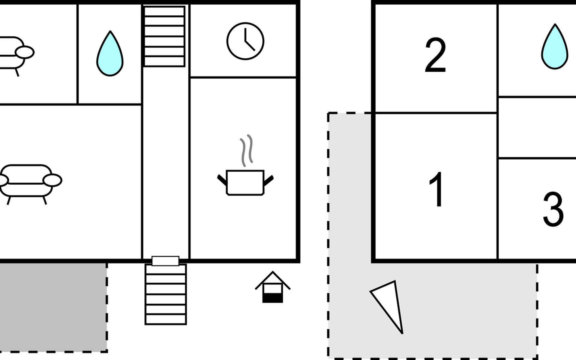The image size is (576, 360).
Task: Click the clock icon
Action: pyautogui.click(x=245, y=41)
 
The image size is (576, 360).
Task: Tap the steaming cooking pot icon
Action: pyautogui.click(x=245, y=182)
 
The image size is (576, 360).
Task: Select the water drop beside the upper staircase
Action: pyautogui.click(x=110, y=54)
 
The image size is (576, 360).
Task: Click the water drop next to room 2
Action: pyautogui.click(x=555, y=47)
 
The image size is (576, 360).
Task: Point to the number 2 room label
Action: pyautogui.click(x=435, y=55)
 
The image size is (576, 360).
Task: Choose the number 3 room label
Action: pyautogui.click(x=553, y=209)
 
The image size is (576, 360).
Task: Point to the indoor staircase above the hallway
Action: pyautogui.click(x=164, y=36)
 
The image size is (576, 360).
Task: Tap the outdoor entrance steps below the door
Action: pyautogui.click(x=166, y=294)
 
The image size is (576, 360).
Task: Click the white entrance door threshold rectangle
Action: pyautogui.click(x=165, y=261)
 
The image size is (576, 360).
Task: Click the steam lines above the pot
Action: pyautogui.click(x=246, y=150)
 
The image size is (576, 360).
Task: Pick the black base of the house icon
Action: pyautogui.click(x=272, y=298)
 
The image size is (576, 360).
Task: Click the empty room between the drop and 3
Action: pyautogui.click(x=537, y=127)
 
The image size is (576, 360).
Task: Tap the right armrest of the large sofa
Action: pyautogui.click(x=52, y=180)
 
